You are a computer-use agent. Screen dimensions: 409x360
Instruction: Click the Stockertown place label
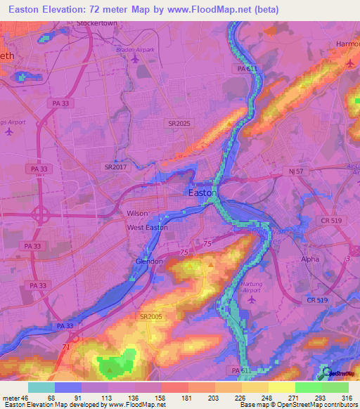[96, 22]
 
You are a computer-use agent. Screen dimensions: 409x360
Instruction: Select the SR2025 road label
[179, 123]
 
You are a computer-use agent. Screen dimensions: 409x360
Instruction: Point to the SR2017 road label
[116, 167]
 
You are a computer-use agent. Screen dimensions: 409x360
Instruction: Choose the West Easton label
[147, 228]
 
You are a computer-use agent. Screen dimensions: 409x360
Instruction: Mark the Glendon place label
[149, 261]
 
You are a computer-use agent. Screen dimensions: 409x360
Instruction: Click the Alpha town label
[310, 259]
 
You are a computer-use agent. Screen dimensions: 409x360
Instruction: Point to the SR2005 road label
[151, 317]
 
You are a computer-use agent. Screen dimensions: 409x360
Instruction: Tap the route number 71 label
[65, 347]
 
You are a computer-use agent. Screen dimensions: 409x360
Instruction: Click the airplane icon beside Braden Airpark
[134, 59]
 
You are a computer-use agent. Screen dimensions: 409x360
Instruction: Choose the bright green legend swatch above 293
[309, 387]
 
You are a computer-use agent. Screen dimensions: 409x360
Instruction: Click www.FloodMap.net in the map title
[218, 9]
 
